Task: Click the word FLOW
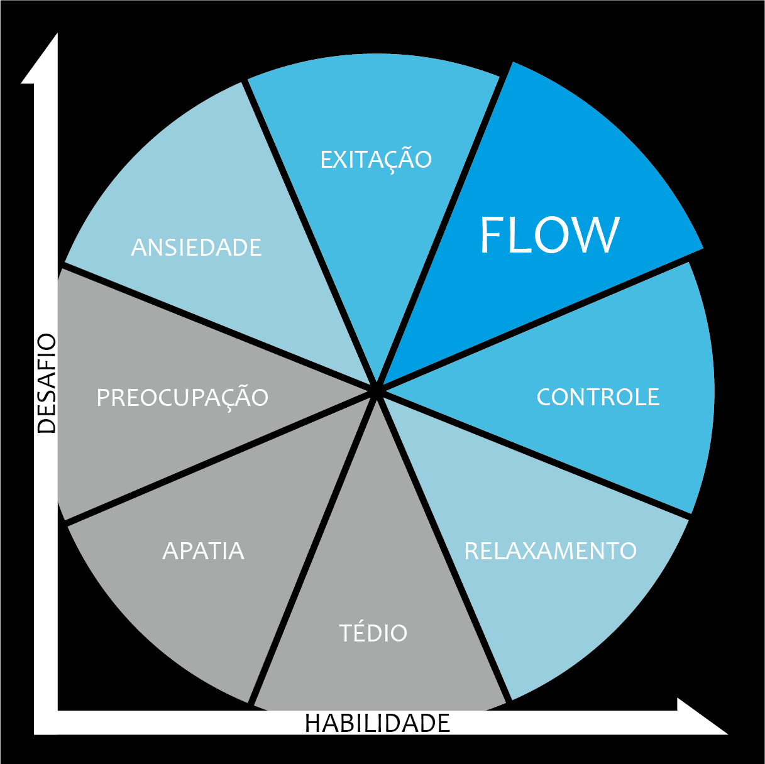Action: (x=549, y=236)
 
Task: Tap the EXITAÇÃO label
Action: (x=376, y=160)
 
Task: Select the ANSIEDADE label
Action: (x=196, y=248)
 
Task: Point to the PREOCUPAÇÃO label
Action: (x=182, y=398)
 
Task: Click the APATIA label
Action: (x=203, y=551)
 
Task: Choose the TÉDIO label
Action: (x=373, y=633)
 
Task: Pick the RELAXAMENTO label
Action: (x=550, y=551)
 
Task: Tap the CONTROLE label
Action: (x=598, y=397)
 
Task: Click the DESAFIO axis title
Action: (x=47, y=384)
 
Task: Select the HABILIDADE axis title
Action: (x=377, y=723)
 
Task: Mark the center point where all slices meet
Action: (x=376, y=390)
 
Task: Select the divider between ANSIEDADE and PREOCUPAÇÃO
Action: (x=214, y=327)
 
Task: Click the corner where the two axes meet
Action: (x=46, y=722)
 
